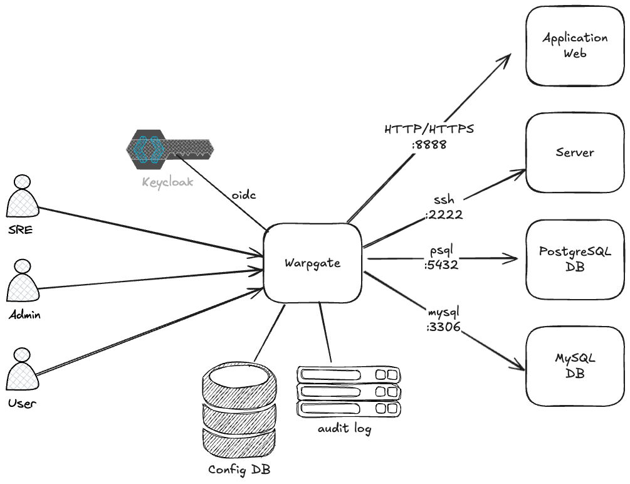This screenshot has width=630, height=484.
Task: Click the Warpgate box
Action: point(313,263)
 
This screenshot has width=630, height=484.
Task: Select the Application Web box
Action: point(575,46)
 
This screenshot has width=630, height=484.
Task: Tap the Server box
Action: point(575,152)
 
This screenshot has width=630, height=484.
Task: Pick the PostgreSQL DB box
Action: point(575,259)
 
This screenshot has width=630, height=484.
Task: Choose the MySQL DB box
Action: point(575,366)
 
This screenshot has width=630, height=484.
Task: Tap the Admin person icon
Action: point(22,282)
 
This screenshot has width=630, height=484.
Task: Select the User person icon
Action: point(22,371)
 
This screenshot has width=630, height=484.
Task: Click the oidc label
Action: point(244,195)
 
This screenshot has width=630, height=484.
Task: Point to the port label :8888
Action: point(429,144)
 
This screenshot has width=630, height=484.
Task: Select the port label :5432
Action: point(441,265)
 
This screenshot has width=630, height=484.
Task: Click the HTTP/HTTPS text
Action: point(429,130)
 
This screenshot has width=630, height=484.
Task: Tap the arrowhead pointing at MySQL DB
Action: point(518,365)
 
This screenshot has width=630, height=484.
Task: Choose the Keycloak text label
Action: point(167,184)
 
